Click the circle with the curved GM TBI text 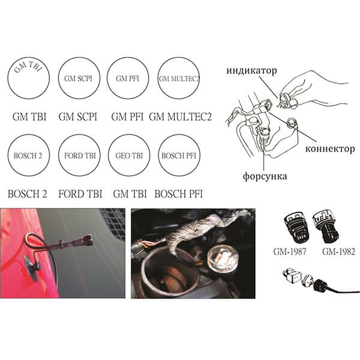[8, 78]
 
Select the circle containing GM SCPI [59, 78]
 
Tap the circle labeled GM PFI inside [108, 78]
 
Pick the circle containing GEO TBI [109, 155]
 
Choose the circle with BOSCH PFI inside [158, 155]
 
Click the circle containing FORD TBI [59, 155]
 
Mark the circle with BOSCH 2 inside [8, 155]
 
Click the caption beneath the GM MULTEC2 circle [180, 117]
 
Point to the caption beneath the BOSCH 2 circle [28, 194]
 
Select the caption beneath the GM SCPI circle [78, 117]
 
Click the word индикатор [251, 70]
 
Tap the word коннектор [330, 149]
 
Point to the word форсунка [265, 176]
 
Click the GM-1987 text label [290, 251]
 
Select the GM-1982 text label [338, 251]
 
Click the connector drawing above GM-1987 [295, 227]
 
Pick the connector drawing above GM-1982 [325, 226]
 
